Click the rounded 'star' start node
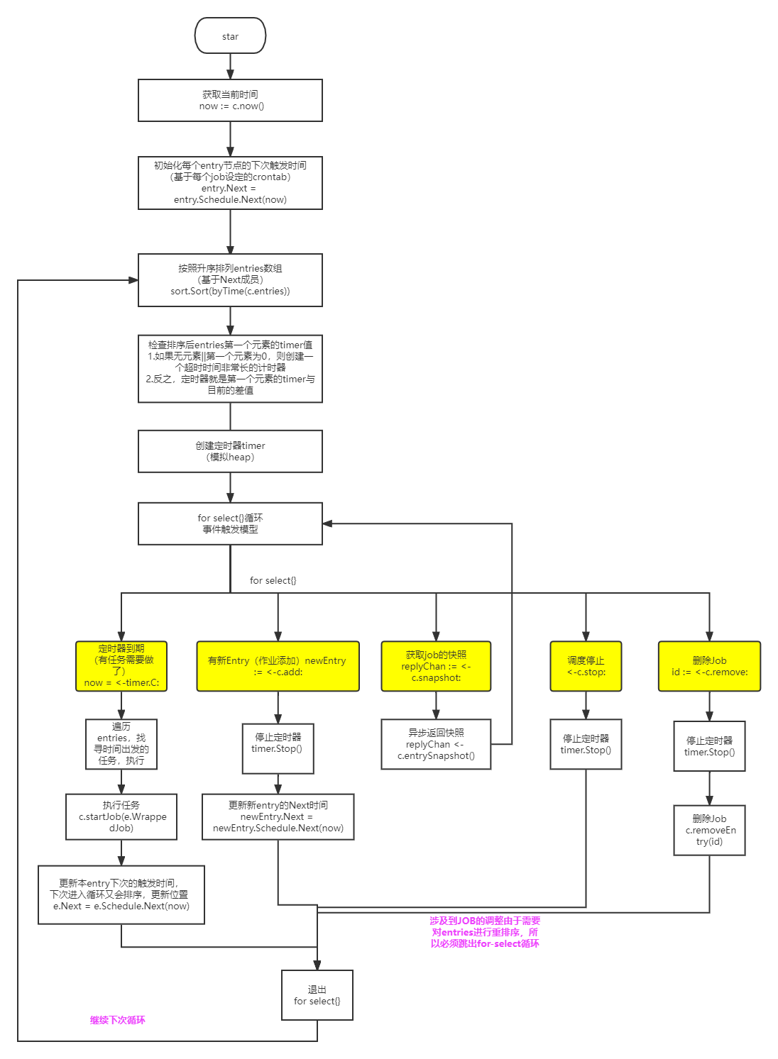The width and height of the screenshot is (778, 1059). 230,36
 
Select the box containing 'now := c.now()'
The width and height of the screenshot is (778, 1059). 230,100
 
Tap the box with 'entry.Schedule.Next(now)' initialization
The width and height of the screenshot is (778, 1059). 230,183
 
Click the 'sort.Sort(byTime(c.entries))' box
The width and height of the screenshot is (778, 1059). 230,279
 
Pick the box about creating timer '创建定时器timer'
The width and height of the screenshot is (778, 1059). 230,451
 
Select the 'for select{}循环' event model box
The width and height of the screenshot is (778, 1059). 230,523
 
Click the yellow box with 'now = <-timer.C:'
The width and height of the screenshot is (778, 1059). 121,666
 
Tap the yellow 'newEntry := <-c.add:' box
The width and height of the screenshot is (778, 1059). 278,666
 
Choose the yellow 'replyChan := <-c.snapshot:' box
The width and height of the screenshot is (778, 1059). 436,666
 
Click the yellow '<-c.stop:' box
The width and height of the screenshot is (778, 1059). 586,666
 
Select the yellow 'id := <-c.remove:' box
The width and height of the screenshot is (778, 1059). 709,666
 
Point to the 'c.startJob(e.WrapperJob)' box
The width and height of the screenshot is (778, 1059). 121,816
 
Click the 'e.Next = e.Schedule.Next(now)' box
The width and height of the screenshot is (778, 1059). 121,894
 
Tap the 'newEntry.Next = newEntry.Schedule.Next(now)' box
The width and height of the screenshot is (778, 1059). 278,816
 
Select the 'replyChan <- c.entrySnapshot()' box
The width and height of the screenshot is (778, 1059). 436,744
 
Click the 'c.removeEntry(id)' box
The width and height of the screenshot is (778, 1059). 709,830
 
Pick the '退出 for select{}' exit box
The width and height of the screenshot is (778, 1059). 317,995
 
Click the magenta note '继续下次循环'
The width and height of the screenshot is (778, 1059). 117,1020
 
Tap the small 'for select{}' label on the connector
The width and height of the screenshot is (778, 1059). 273,580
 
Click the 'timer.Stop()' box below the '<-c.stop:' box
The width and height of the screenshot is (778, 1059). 586,744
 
